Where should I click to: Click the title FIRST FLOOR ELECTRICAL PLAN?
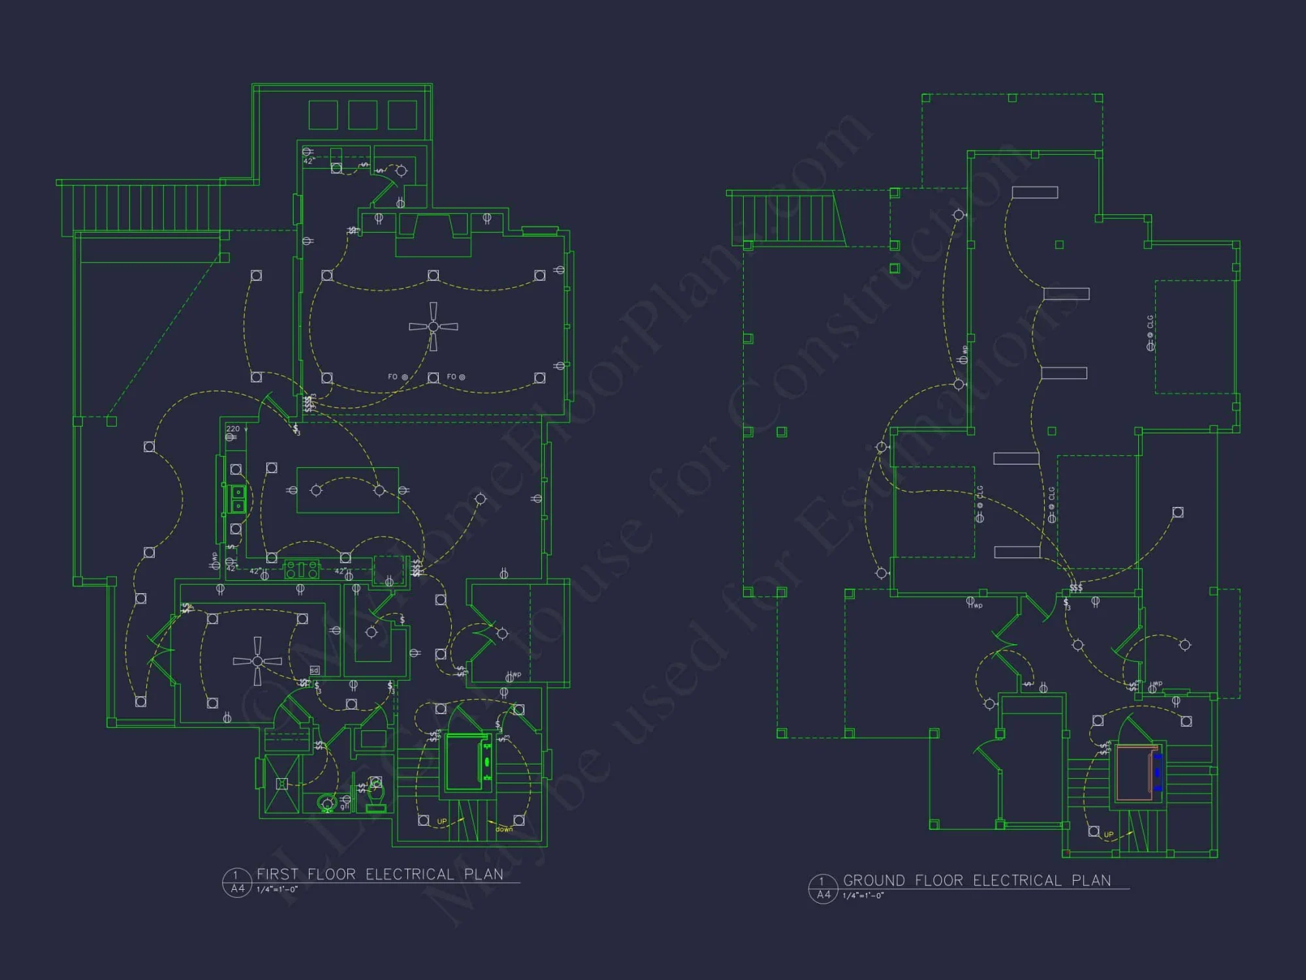(x=379, y=874)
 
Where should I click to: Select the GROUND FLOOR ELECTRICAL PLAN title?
(x=976, y=881)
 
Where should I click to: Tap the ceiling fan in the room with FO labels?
(x=433, y=326)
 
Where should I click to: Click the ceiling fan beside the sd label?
(x=257, y=661)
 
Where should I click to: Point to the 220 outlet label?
(x=233, y=429)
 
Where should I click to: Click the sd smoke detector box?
(x=314, y=670)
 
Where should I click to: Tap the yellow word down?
(x=504, y=829)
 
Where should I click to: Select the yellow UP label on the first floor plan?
(x=442, y=821)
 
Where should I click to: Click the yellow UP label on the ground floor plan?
(x=1109, y=834)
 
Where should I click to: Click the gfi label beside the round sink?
(x=343, y=808)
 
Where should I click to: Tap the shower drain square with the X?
(x=281, y=783)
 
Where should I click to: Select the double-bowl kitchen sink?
(x=238, y=499)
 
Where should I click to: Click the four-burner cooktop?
(x=301, y=570)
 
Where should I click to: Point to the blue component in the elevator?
(x=1157, y=772)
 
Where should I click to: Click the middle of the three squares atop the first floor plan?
(x=362, y=115)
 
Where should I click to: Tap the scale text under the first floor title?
(x=277, y=889)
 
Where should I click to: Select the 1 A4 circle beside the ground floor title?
(x=823, y=889)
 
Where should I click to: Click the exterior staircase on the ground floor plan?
(x=787, y=218)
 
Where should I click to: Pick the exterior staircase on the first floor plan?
(x=140, y=207)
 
